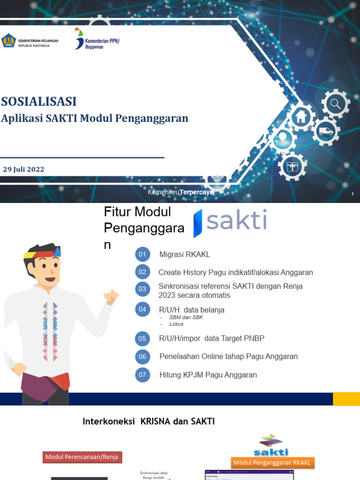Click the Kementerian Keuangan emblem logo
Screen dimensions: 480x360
click(x=8, y=41)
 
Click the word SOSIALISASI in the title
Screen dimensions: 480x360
click(x=39, y=101)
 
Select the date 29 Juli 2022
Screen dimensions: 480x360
click(x=24, y=169)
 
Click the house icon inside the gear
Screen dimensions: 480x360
click(x=301, y=115)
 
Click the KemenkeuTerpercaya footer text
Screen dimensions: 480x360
click(x=180, y=192)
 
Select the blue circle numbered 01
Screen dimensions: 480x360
click(x=142, y=255)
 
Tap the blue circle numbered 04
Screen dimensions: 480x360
click(x=142, y=309)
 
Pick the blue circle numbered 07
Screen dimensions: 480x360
click(x=142, y=375)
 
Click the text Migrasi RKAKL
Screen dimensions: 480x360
click(x=185, y=255)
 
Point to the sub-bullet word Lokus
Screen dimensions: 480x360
click(x=176, y=324)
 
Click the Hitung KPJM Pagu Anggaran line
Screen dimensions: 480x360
click(x=208, y=375)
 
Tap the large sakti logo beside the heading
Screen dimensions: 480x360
click(x=231, y=222)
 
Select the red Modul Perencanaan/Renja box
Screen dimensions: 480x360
click(x=82, y=457)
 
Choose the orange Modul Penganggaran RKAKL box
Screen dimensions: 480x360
click(x=272, y=463)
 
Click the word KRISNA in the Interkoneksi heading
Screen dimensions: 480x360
click(x=156, y=421)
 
